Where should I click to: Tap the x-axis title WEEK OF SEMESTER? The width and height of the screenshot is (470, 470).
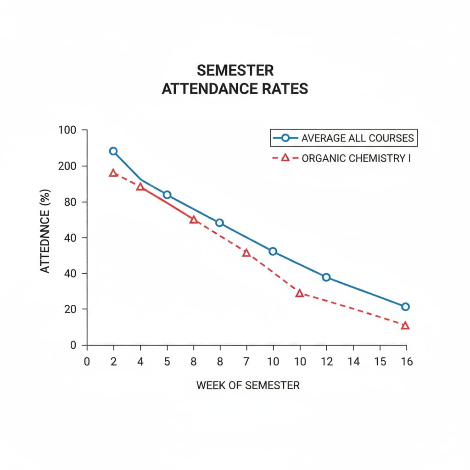248,385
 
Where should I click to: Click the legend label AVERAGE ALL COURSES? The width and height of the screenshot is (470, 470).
358,138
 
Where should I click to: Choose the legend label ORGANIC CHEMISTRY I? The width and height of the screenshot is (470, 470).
356,158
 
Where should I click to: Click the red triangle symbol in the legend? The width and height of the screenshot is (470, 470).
285,158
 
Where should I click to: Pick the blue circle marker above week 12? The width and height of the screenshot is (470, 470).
326,277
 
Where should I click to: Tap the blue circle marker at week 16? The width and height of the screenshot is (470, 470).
405,307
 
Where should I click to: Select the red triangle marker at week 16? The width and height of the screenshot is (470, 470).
405,325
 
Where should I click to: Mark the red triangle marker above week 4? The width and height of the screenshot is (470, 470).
140,187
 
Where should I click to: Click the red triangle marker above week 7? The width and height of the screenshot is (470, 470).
246,253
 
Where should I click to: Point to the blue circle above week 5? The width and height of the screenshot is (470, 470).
167,195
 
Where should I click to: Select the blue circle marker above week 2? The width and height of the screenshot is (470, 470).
113,151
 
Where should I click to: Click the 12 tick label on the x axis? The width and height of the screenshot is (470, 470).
326,362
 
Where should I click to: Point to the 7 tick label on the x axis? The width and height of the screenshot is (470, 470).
246,362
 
